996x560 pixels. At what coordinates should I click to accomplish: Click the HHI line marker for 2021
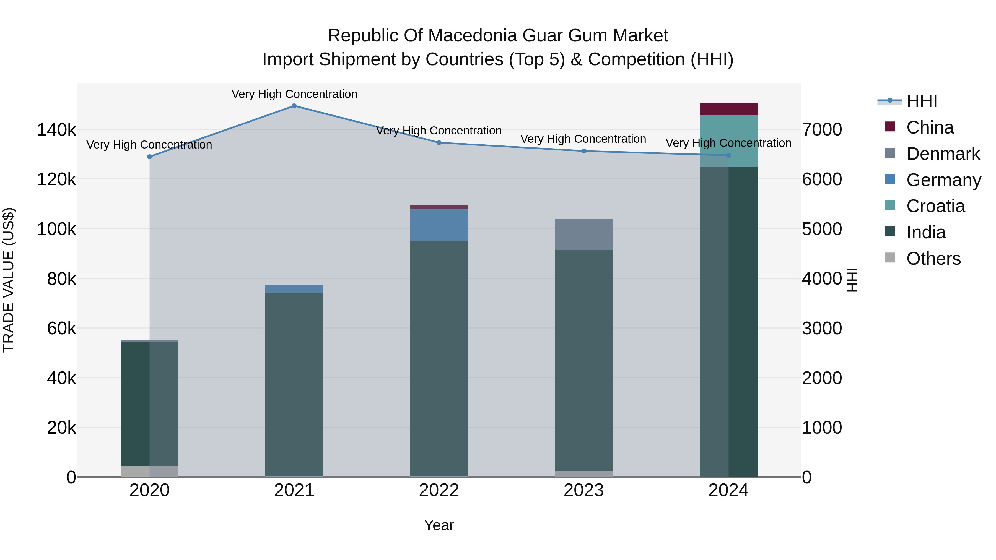294,106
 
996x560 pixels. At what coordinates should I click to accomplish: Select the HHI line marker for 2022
439,143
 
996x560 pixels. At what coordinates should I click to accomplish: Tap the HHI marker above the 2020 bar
150,157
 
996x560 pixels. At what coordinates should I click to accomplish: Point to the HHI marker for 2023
584,151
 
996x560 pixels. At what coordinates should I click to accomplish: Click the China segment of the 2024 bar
728,109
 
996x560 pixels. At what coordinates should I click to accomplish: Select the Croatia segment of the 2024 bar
728,141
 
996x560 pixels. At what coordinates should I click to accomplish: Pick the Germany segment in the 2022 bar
439,225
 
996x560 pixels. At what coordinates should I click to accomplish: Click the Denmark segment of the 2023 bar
584,234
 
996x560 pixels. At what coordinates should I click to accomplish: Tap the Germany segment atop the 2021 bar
294,289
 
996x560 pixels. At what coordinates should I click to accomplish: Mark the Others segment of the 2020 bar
150,472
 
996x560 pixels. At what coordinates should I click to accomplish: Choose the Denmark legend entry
943,154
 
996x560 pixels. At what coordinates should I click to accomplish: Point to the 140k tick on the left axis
56,130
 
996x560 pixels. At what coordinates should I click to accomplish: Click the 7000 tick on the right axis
822,130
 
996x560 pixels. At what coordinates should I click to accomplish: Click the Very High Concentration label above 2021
294,94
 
